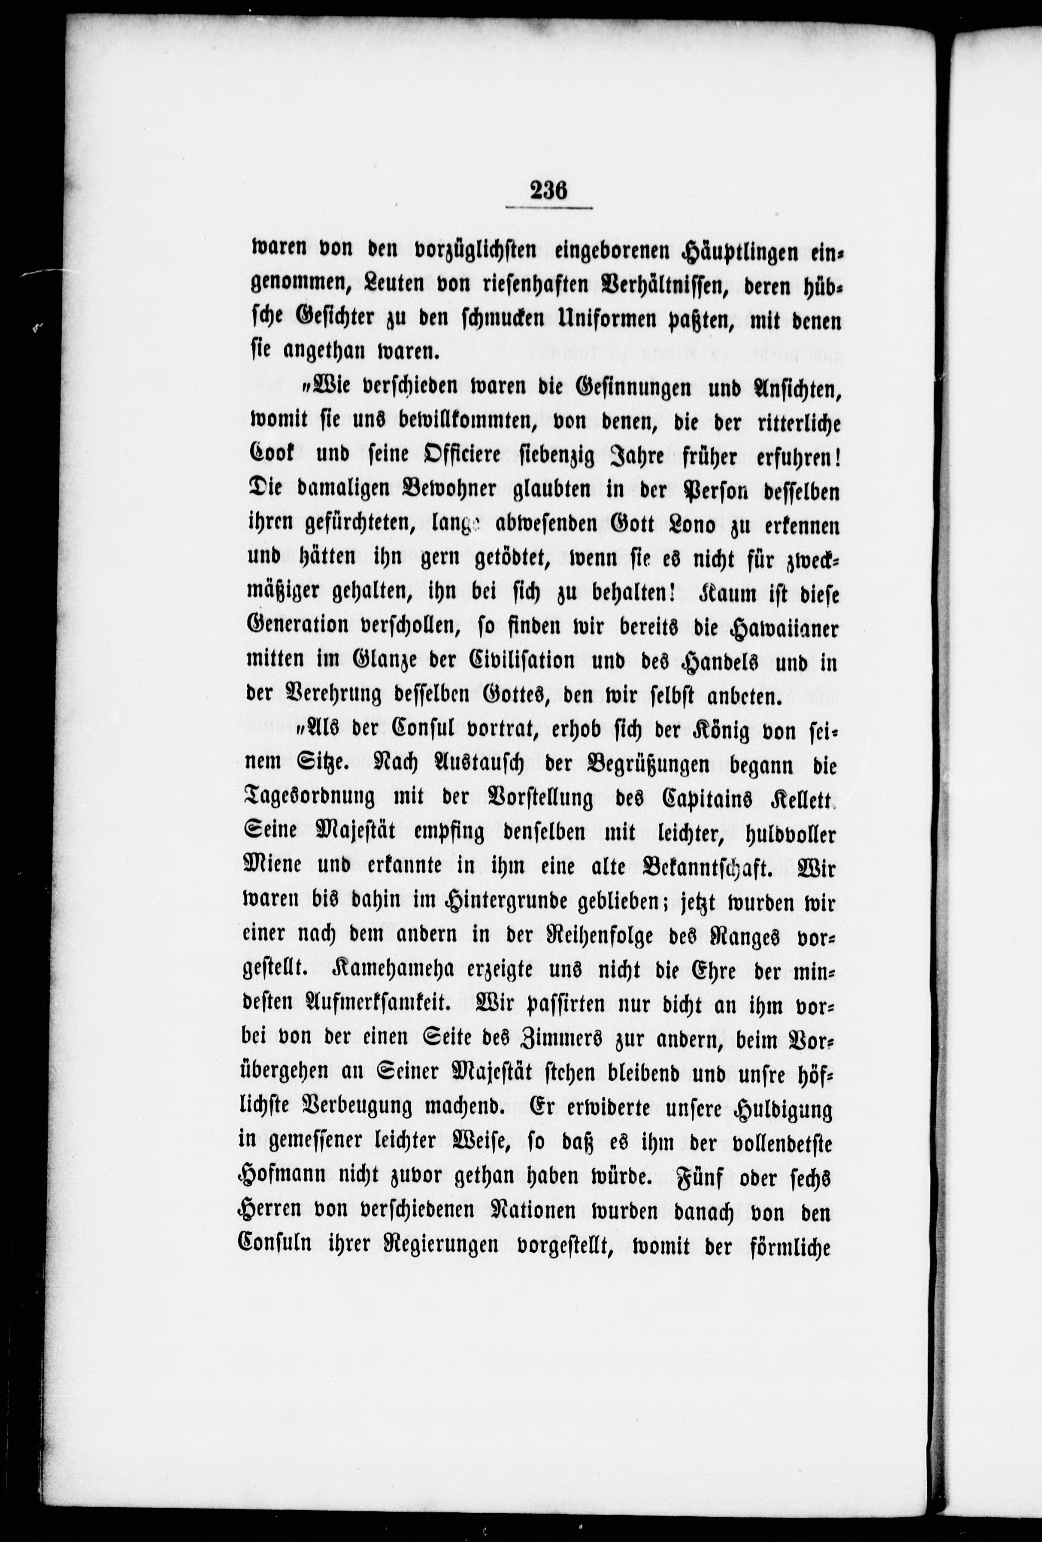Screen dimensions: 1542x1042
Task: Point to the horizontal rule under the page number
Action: (548, 208)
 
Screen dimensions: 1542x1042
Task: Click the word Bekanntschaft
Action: (708, 867)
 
